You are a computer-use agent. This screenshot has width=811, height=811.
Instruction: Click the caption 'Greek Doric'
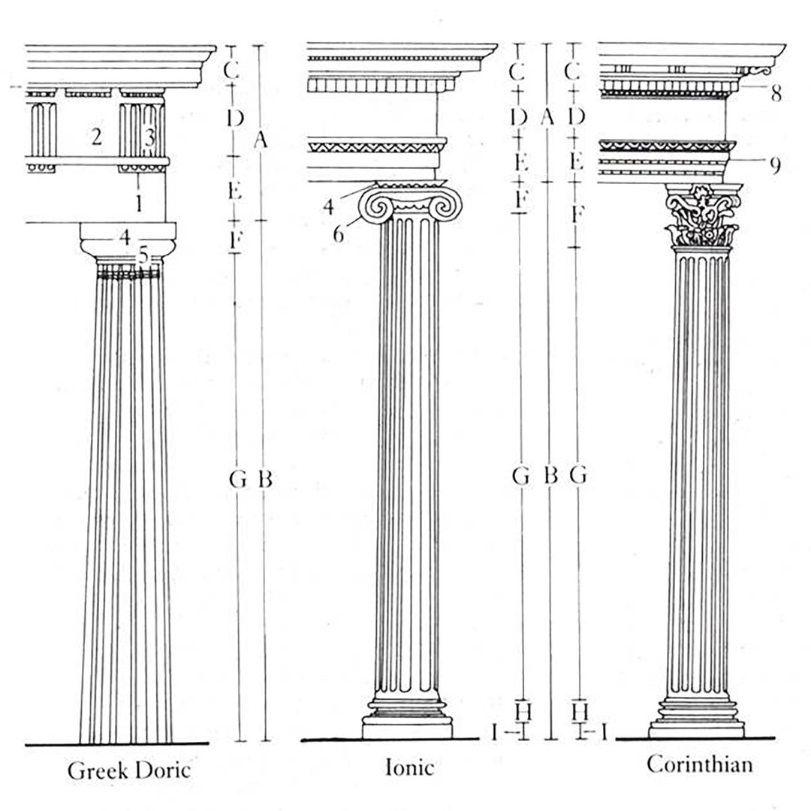(x=129, y=770)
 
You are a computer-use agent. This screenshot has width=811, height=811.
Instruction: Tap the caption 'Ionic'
(x=409, y=767)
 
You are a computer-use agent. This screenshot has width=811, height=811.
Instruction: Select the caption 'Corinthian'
(x=699, y=764)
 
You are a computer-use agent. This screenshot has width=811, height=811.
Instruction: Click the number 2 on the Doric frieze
(x=96, y=137)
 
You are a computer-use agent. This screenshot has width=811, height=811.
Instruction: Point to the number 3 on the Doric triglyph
(x=149, y=137)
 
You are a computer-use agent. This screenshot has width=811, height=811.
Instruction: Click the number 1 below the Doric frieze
(x=138, y=204)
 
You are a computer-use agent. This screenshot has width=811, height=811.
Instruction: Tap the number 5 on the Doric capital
(x=143, y=255)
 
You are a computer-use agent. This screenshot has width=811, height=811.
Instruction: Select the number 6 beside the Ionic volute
(x=338, y=234)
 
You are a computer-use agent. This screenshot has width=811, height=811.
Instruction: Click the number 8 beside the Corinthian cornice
(x=776, y=94)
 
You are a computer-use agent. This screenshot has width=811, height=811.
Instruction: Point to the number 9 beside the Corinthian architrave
(x=775, y=165)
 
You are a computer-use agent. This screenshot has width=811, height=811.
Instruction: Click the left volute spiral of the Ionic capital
(x=376, y=206)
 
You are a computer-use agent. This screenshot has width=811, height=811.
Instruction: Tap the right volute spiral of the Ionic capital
(x=444, y=206)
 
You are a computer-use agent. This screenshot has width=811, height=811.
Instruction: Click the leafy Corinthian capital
(x=702, y=216)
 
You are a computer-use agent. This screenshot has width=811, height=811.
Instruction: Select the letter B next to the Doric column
(x=265, y=479)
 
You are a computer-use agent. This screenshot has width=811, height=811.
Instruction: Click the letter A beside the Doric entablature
(x=261, y=139)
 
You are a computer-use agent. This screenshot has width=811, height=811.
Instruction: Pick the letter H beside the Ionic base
(x=523, y=712)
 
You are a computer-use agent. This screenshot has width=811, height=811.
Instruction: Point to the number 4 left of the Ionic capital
(x=328, y=207)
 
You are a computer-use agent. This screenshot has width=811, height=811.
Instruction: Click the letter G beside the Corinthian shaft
(x=577, y=475)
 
